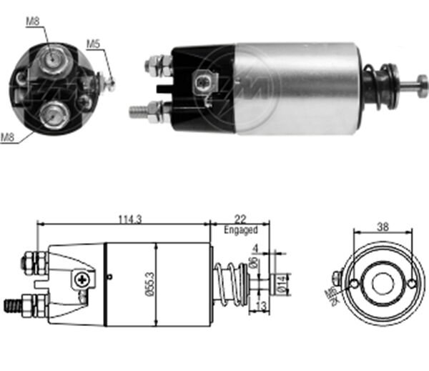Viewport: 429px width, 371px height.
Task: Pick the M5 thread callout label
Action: coord(92,44)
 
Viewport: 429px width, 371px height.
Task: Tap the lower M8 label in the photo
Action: coord(8,137)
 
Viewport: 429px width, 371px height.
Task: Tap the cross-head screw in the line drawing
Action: coord(84,280)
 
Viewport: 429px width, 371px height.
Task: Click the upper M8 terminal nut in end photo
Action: coord(51,58)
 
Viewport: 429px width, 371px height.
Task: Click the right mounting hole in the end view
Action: coord(412,285)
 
